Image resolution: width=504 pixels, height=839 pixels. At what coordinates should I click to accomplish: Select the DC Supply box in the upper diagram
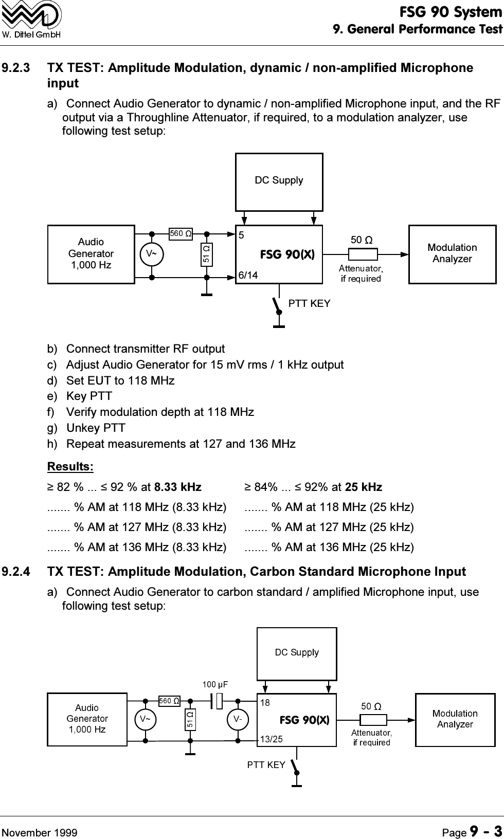coord(279,181)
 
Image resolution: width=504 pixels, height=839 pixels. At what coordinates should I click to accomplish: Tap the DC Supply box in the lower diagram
coord(297,653)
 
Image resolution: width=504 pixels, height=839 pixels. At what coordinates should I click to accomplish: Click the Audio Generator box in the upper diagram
coord(91,254)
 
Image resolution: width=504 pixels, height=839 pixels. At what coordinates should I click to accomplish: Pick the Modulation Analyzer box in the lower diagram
coord(455,719)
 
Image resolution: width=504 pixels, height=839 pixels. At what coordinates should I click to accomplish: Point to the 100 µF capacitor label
coord(215,684)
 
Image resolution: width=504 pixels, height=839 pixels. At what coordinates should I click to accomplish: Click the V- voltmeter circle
coord(238,719)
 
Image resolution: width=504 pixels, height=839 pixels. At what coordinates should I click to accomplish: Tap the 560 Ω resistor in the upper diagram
coord(181,234)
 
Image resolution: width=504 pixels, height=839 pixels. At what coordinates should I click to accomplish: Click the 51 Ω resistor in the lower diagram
coord(190,719)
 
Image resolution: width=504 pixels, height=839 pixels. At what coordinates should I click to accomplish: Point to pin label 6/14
coord(248,276)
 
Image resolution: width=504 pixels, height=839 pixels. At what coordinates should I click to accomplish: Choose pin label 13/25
coord(272,739)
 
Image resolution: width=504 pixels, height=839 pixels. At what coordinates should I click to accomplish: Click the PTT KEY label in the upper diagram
coord(309,304)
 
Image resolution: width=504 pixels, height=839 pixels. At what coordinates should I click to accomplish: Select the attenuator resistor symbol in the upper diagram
coord(363,254)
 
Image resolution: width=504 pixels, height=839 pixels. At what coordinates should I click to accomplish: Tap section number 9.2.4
coord(16,572)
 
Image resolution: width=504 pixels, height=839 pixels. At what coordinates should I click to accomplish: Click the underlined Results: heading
coord(70,467)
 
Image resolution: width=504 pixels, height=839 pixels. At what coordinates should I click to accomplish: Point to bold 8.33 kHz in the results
coord(178,487)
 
